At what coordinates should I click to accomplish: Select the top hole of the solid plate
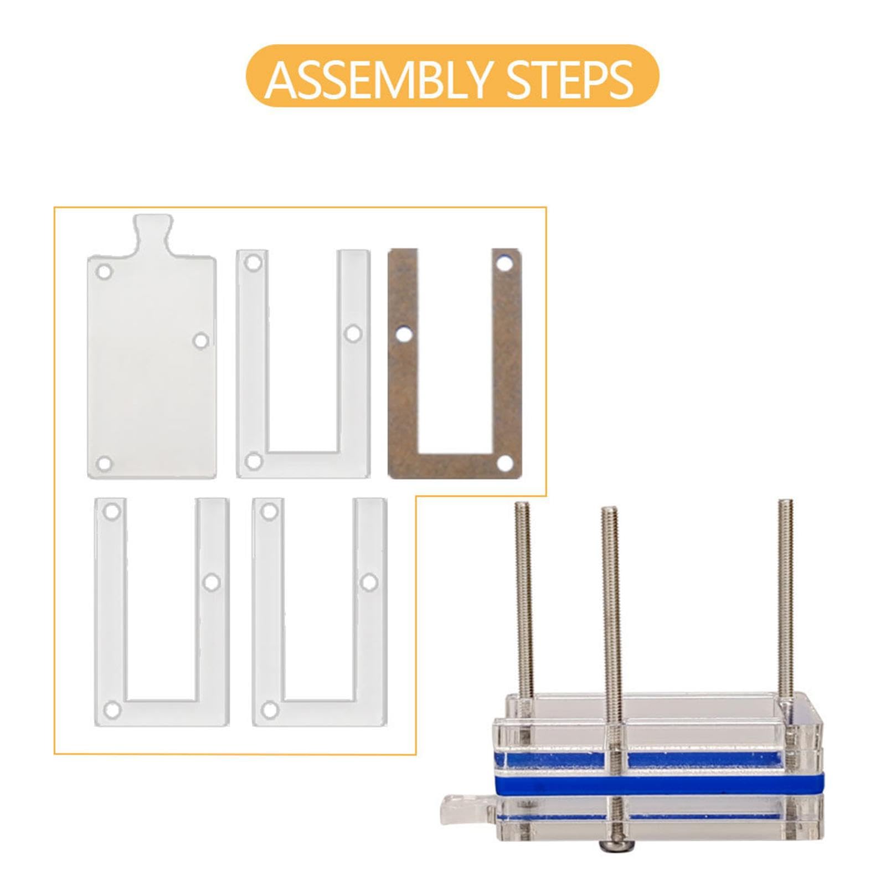coord(105,272)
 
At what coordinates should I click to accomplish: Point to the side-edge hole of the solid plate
coord(202,340)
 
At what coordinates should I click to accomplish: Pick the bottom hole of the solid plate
coord(104,463)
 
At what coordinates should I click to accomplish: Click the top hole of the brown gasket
coord(504,262)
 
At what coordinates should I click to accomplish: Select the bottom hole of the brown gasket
coord(504,462)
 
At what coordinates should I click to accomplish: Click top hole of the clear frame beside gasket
coord(254,262)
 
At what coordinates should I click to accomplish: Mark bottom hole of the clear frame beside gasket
coord(254,460)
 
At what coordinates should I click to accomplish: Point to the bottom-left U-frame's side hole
coord(212,582)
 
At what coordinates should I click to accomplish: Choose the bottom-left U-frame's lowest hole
coord(112,709)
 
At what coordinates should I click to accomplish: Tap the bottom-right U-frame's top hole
coord(270,511)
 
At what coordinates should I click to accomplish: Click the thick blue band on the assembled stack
coord(657,782)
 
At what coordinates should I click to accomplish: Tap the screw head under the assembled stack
coord(611,848)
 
